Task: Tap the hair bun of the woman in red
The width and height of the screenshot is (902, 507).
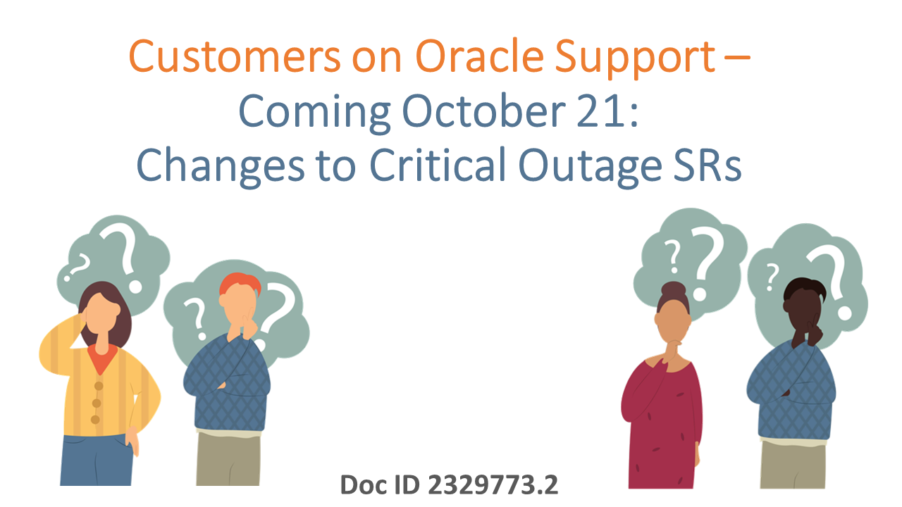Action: tap(674, 289)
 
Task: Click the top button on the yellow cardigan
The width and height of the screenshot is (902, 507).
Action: tap(99, 385)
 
